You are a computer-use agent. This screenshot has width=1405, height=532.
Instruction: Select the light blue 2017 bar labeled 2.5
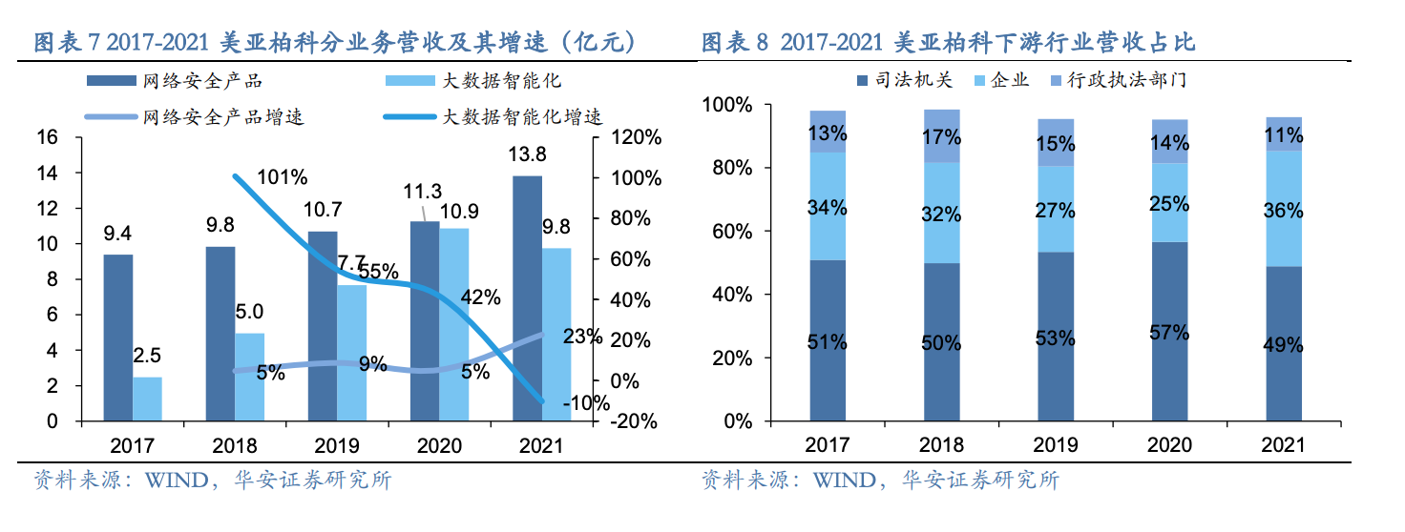tap(148, 399)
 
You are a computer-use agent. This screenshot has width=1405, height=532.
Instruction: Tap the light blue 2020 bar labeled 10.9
tap(454, 324)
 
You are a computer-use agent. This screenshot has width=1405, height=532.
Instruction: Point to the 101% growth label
tap(282, 177)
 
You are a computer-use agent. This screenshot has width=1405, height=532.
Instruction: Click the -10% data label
tap(585, 402)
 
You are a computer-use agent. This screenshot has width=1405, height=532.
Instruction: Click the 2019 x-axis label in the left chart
tap(337, 445)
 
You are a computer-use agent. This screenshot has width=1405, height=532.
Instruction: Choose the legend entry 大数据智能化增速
tap(522, 117)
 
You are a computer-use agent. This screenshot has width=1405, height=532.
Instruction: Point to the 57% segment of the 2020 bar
tap(1169, 331)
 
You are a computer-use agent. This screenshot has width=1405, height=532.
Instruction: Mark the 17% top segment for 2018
tap(940, 136)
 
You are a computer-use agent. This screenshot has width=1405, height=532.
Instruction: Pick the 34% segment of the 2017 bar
tap(827, 206)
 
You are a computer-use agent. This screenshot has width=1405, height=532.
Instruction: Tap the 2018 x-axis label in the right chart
tap(940, 445)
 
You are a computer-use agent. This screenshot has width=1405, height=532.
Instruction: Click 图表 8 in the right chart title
tap(735, 44)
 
